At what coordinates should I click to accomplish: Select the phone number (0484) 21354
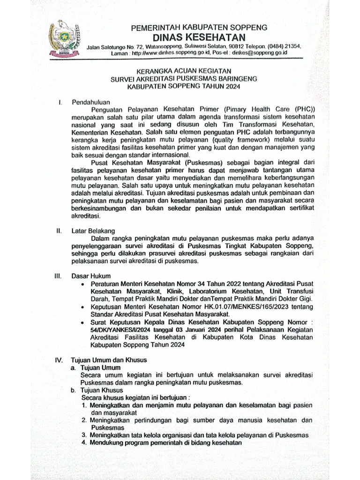click(x=284, y=47)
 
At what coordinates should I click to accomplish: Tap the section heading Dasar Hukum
click(x=91, y=276)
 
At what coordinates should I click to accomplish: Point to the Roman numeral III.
click(x=59, y=276)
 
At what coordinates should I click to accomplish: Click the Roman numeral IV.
click(x=59, y=360)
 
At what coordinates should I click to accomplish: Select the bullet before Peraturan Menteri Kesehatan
click(x=83, y=284)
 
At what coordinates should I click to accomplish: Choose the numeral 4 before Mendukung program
click(x=84, y=442)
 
